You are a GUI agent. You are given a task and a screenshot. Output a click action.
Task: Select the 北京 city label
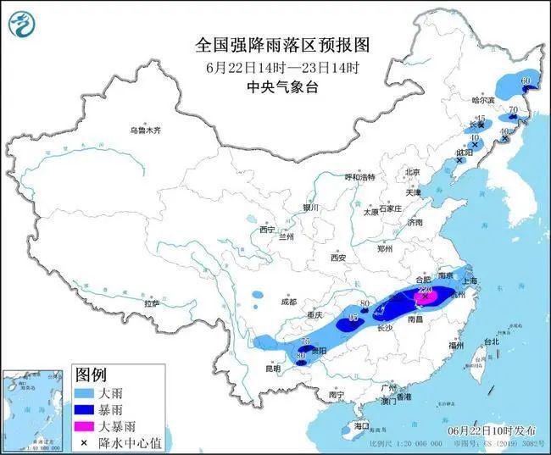[412, 172]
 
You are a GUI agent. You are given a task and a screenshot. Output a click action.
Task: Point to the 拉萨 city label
[152, 302]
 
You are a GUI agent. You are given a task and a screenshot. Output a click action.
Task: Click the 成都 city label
[288, 302]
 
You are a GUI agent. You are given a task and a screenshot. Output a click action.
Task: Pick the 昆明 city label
[273, 369]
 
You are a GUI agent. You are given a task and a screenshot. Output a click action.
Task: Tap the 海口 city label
[362, 425]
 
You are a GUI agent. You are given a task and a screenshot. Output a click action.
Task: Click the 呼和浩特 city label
[359, 177]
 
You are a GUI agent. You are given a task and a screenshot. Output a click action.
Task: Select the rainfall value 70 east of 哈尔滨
[512, 109]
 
